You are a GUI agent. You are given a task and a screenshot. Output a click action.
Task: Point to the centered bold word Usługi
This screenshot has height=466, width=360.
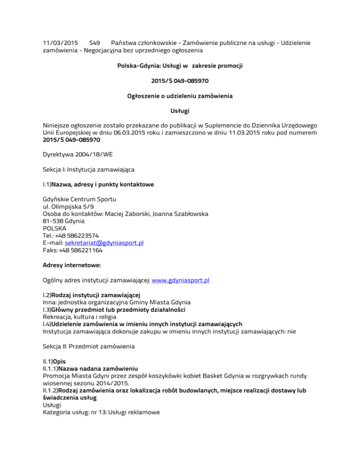[x=180, y=111]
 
